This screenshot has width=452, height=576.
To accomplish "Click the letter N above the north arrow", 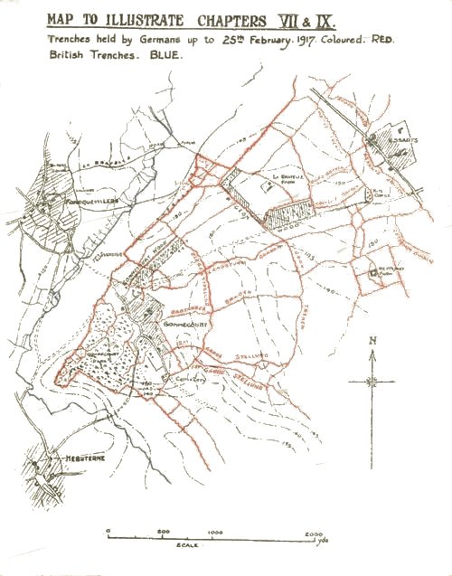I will click(x=371, y=341).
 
